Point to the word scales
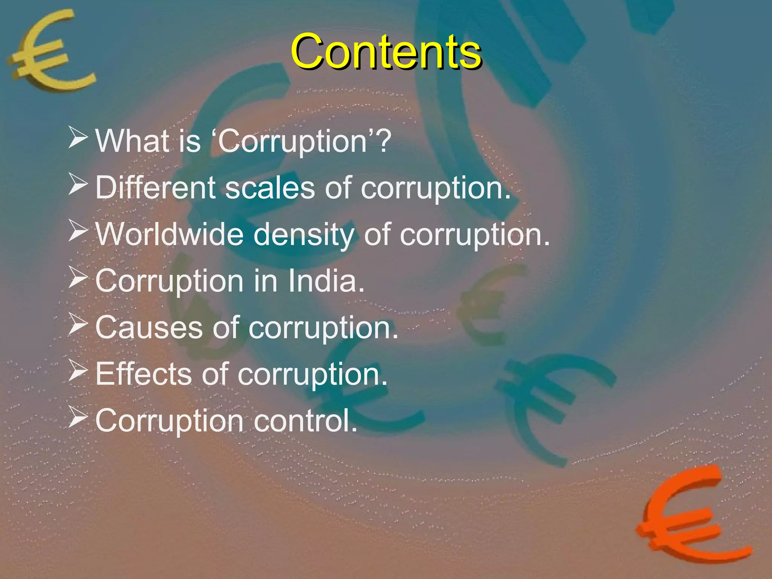tap(270, 187)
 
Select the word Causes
tap(149, 328)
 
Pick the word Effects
tap(143, 374)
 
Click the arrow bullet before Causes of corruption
tap(78, 324)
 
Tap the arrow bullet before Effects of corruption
tap(78, 371)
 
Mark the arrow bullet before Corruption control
tap(78, 418)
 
